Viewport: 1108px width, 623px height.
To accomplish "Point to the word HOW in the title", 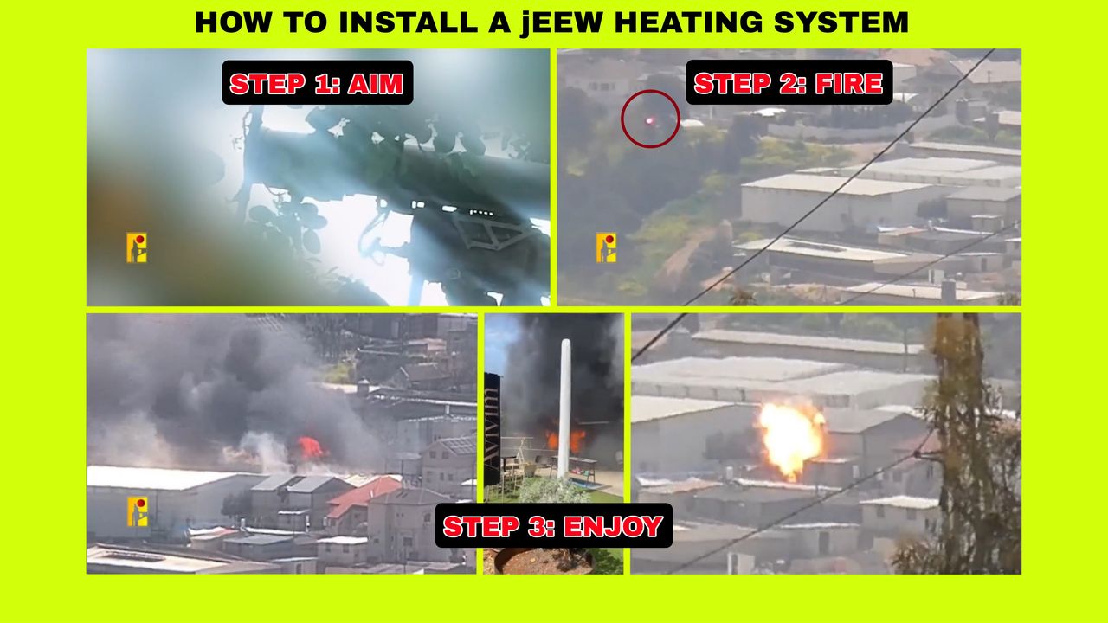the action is tap(234, 22).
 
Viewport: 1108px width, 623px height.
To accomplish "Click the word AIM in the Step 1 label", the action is tap(376, 84).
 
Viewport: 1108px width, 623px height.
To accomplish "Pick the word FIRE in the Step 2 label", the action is tap(849, 83).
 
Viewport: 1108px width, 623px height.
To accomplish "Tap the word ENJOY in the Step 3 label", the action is tap(613, 526).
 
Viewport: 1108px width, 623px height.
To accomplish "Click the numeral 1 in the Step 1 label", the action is tap(330, 84).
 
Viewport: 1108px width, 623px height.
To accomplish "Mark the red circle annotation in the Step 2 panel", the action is tap(650, 91).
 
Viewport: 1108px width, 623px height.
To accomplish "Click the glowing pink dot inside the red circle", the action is tap(649, 120).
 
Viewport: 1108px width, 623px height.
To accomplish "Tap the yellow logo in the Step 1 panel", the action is tap(137, 247).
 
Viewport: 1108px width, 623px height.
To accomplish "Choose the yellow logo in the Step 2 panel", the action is tap(606, 247).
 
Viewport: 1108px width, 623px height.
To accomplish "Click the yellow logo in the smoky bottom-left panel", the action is tap(138, 511).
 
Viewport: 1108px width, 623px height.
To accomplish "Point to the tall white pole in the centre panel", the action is tap(564, 408).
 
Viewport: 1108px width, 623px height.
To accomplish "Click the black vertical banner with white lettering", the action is tap(493, 429).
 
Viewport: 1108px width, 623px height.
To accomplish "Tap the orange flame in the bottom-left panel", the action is tap(311, 448).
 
